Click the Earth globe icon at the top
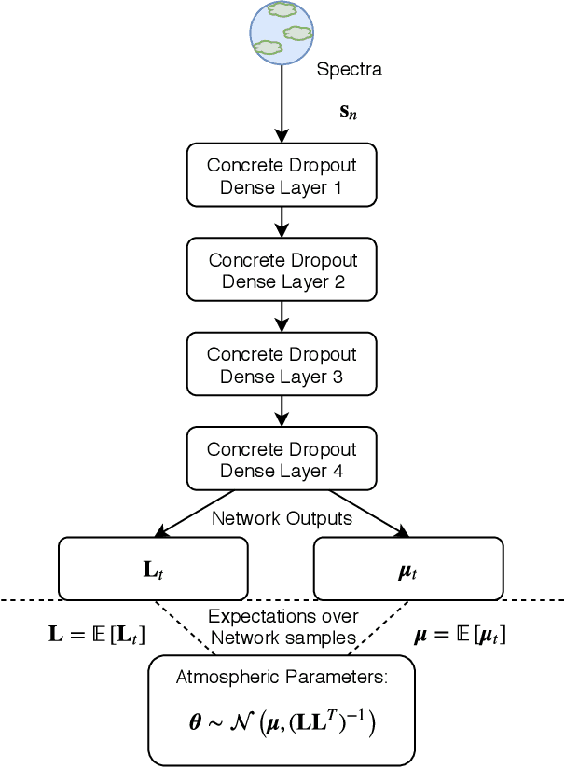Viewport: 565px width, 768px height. pos(282,32)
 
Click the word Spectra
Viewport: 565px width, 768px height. pos(350,70)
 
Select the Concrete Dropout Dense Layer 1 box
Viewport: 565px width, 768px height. pos(282,175)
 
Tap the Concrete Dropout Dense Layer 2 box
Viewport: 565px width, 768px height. pos(282,270)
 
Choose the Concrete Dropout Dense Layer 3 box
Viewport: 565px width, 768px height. pos(282,365)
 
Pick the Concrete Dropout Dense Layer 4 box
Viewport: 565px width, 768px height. pos(282,459)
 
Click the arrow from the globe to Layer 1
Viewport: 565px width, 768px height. pos(282,103)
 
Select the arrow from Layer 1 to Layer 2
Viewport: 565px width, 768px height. pos(282,222)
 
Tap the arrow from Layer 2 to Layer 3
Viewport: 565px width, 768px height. pos(282,317)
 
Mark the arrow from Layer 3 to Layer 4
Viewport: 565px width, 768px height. pos(282,412)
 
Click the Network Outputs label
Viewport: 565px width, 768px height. pos(282,518)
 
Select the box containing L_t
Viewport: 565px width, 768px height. pos(153,569)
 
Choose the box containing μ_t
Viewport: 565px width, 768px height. pos(408,569)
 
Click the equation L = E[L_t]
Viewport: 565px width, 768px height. pos(97,635)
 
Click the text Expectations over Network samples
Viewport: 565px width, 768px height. pos(282,627)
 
